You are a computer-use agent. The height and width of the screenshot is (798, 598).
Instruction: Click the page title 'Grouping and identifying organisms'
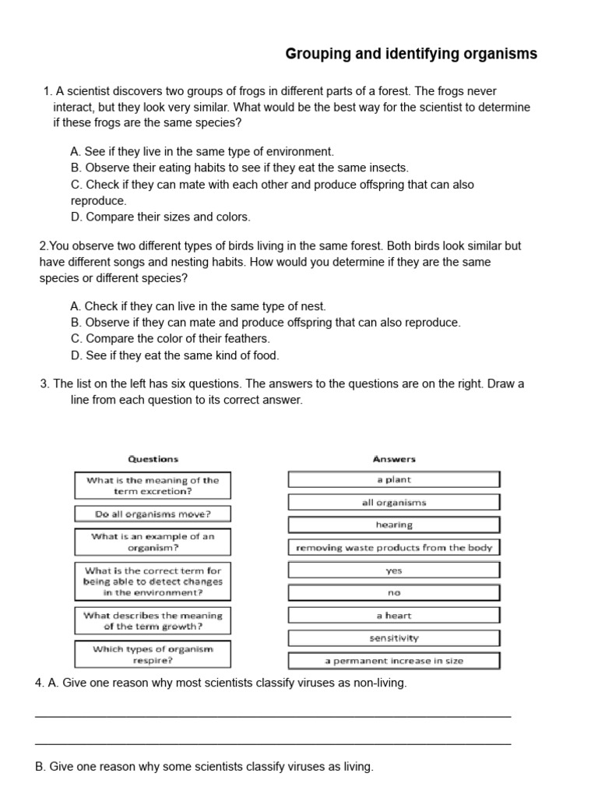point(411,54)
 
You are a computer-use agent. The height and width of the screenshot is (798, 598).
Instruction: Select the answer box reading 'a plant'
point(394,479)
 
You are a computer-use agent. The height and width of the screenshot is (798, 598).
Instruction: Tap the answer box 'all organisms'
point(394,502)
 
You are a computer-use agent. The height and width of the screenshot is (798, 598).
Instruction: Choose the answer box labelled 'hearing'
point(394,524)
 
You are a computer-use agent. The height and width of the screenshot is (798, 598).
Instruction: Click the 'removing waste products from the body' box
point(394,547)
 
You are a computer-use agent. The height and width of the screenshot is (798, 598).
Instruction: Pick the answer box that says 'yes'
point(394,570)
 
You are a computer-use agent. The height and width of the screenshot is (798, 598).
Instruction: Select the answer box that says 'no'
point(394,592)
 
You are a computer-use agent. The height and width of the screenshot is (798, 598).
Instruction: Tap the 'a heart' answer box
point(394,615)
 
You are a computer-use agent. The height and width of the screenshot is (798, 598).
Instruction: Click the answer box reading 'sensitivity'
point(394,637)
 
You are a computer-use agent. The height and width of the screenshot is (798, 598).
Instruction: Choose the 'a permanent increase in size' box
point(394,660)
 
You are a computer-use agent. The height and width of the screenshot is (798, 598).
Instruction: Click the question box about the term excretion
point(153,486)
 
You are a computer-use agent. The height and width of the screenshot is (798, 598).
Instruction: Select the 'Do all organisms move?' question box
point(153,514)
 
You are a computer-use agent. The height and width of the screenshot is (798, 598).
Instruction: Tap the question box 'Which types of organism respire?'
point(153,654)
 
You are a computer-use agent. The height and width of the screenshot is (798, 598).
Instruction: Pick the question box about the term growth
point(153,620)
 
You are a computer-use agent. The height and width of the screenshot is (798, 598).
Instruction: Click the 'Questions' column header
point(153,459)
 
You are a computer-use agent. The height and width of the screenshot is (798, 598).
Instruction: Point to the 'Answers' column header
point(394,459)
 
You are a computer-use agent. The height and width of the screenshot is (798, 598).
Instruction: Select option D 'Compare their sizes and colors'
point(160,217)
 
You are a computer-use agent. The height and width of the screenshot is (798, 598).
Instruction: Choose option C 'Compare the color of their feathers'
point(170,338)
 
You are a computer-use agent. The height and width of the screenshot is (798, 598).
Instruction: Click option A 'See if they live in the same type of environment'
point(202,151)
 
